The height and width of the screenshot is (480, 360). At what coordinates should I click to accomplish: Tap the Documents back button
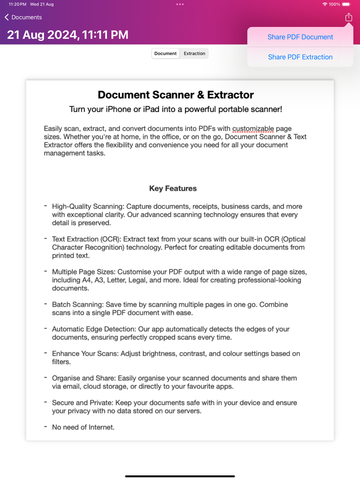(23, 17)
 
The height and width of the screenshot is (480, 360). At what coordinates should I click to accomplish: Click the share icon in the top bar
(348, 17)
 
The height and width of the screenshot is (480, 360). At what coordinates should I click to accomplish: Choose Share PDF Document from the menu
(300, 37)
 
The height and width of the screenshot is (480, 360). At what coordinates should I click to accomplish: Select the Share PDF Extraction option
(300, 57)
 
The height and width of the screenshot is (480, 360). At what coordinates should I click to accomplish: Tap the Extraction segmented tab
(194, 54)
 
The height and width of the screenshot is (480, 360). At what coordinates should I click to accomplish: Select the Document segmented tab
(165, 54)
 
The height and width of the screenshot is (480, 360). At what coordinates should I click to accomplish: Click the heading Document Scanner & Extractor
(176, 95)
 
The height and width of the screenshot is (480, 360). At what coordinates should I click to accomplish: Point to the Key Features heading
(173, 189)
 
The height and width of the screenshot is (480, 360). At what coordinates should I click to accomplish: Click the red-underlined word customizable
(253, 129)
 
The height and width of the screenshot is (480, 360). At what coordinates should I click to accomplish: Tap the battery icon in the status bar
(346, 4)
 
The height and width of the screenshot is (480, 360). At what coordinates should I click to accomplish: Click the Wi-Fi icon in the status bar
(325, 4)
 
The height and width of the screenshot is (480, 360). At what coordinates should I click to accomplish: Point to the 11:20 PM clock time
(17, 4)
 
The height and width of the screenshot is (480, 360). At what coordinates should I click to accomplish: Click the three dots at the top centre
(180, 4)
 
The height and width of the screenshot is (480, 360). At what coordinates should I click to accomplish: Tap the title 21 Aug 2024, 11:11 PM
(68, 35)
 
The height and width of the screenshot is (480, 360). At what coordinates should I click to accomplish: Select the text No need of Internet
(83, 427)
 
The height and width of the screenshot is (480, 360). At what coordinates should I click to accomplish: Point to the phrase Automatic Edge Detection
(94, 329)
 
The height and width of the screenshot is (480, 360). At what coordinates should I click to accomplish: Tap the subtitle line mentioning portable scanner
(176, 109)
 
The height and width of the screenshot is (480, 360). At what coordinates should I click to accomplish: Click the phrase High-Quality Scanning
(87, 207)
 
